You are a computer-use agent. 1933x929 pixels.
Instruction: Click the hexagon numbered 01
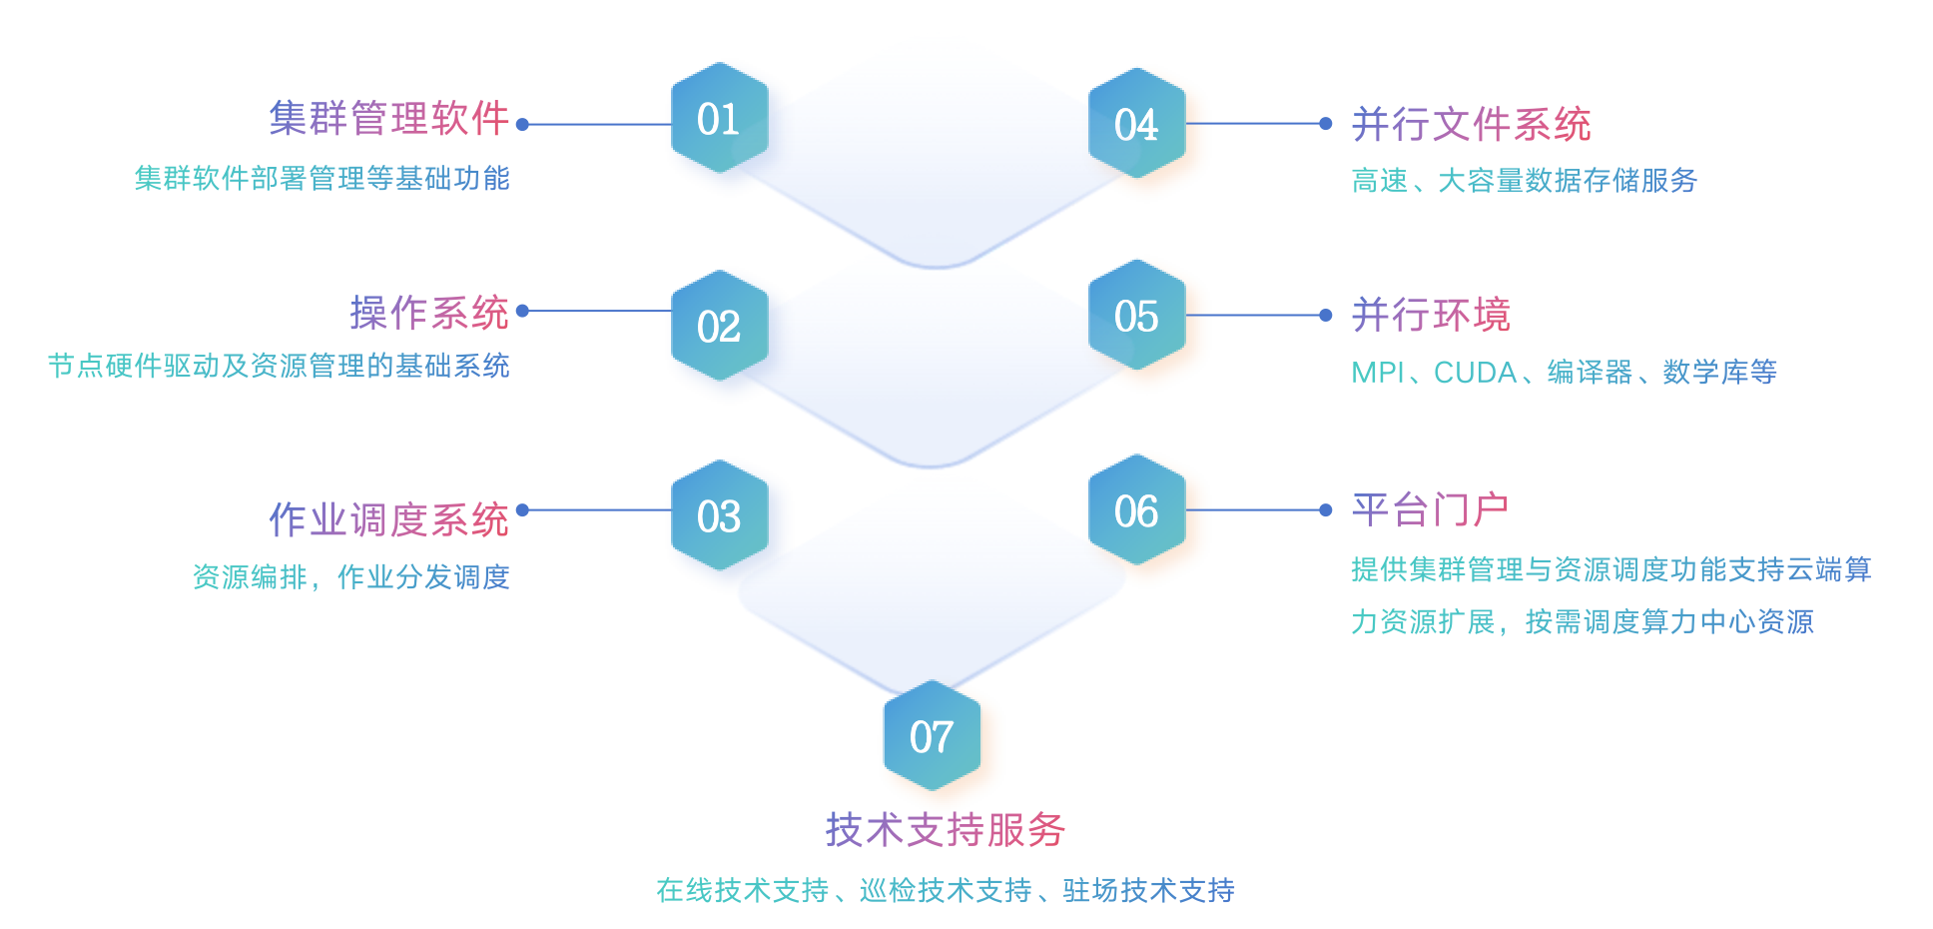point(719,118)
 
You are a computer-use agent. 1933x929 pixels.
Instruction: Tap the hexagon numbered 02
point(719,326)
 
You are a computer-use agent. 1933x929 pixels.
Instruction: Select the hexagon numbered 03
point(719,515)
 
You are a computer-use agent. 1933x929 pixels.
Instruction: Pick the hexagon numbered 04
point(1136,124)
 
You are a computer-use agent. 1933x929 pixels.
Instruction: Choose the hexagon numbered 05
point(1136,316)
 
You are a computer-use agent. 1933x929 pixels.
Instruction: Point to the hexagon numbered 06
point(1136,510)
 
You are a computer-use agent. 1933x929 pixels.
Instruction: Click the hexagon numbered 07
point(932,736)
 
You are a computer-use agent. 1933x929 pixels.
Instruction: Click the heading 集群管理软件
point(389,118)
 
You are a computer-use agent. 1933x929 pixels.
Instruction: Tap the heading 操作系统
point(429,313)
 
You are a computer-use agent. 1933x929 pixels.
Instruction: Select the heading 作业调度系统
point(389,519)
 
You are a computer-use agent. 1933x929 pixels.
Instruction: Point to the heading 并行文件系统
point(1471,125)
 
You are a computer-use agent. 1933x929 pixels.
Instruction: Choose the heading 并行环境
point(1431,315)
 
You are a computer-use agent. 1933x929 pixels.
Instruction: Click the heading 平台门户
point(1430,509)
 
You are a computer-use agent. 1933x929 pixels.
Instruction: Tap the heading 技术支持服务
point(946,829)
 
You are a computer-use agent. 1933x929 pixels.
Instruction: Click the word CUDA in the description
point(1475,373)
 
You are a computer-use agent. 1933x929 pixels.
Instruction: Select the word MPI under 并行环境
point(1377,373)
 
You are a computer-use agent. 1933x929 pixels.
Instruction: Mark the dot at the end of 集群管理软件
point(522,125)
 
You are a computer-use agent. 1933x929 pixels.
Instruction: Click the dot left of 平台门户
point(1326,510)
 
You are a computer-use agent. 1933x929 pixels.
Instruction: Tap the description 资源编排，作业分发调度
point(350,577)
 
